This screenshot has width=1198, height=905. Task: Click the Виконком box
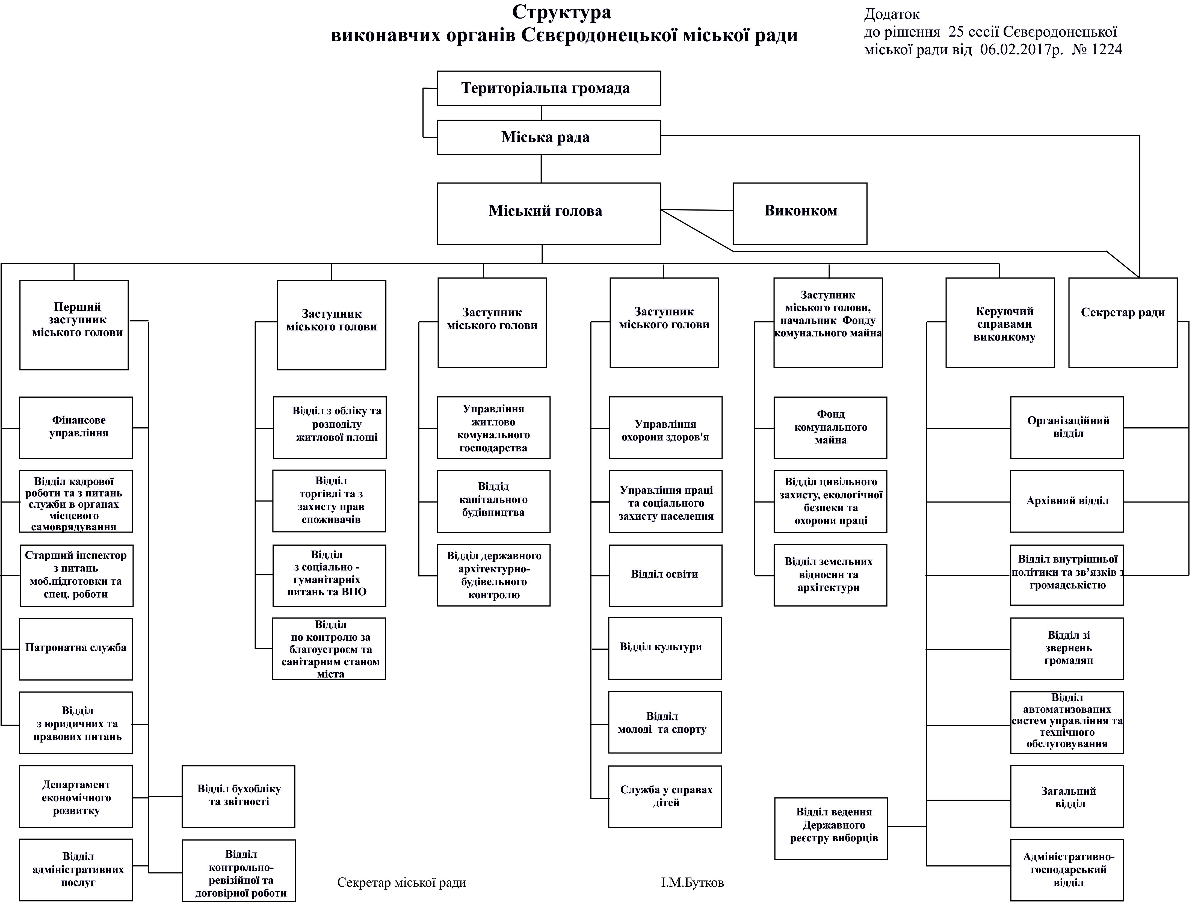(x=799, y=213)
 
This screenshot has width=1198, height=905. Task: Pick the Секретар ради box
(x=1122, y=323)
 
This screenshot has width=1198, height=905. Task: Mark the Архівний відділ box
(x=1066, y=501)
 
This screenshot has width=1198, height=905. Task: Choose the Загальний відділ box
(x=1066, y=796)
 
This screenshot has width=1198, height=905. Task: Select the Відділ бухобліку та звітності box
(x=238, y=796)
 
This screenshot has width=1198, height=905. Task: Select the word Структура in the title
(x=562, y=12)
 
